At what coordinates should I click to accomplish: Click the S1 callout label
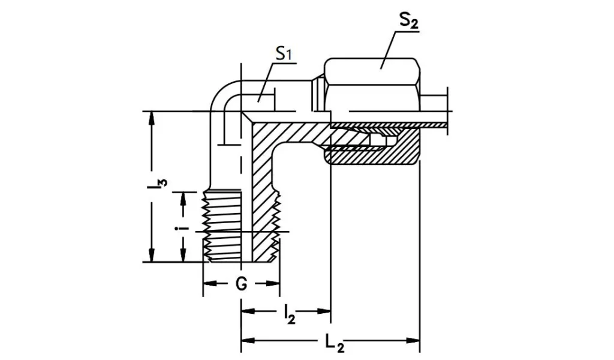pyautogui.click(x=283, y=53)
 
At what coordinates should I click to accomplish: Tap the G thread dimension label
pyautogui.click(x=241, y=284)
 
